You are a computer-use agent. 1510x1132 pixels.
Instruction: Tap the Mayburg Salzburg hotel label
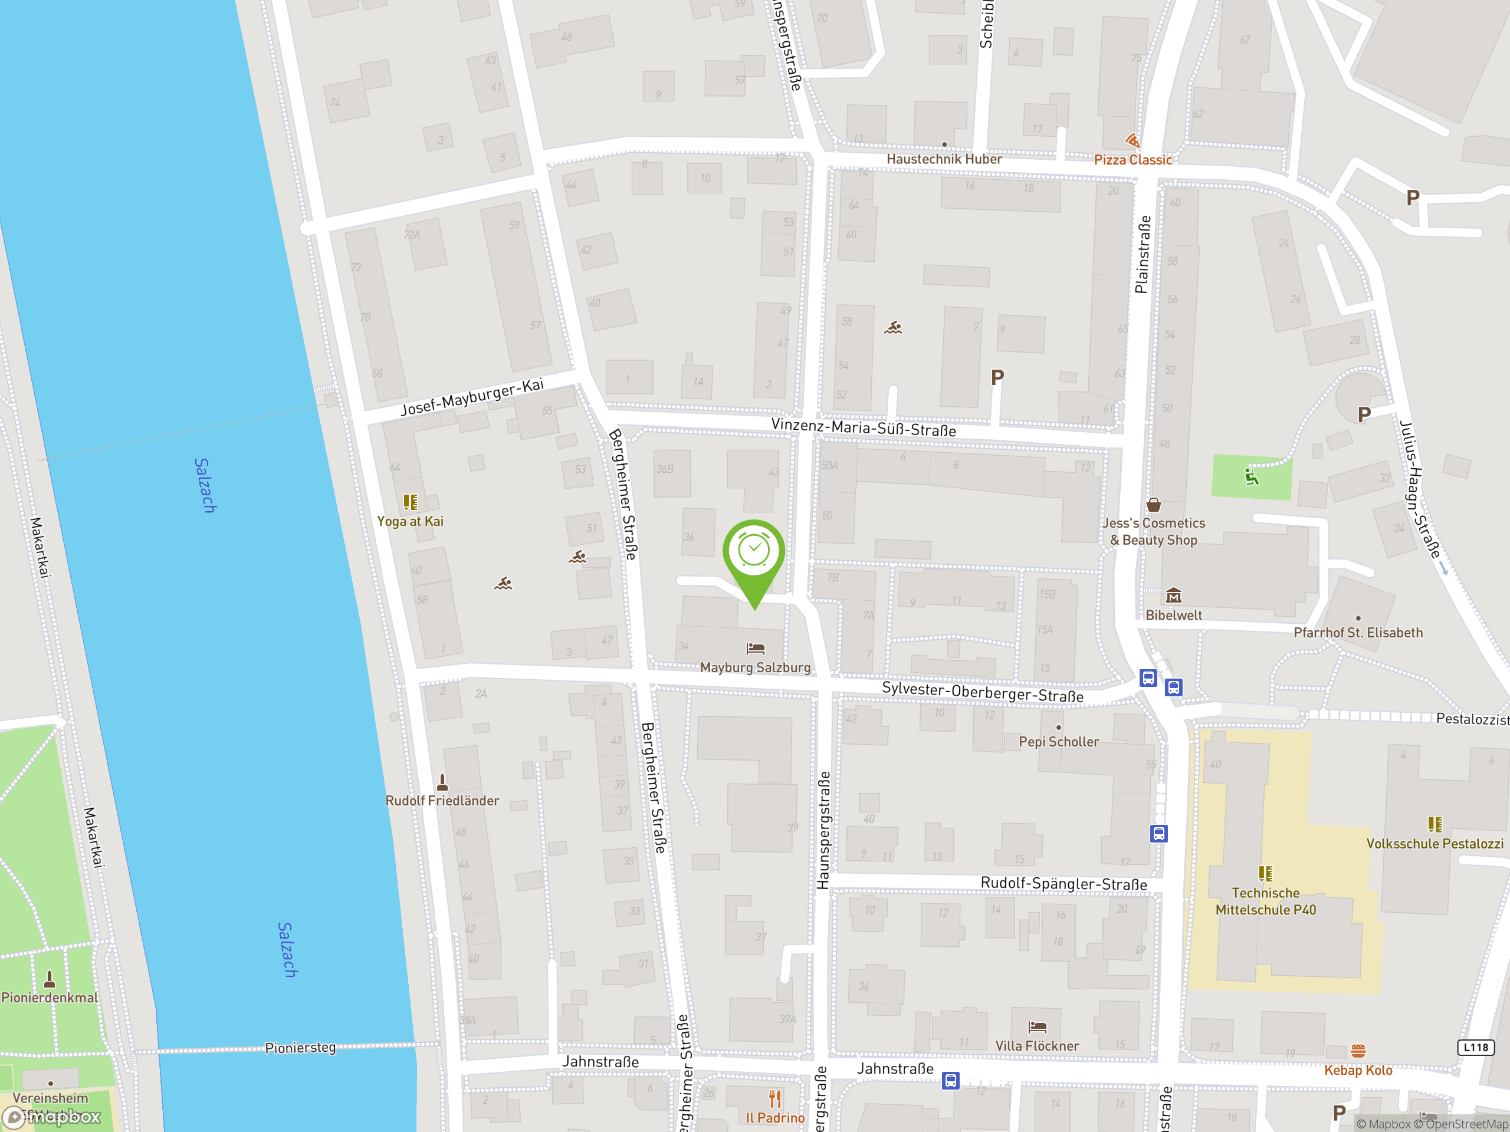click(x=755, y=667)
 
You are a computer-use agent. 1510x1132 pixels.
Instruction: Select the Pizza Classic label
click(x=1132, y=160)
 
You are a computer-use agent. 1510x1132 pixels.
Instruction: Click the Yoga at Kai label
click(x=411, y=521)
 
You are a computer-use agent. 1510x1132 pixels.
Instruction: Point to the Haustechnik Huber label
click(x=944, y=159)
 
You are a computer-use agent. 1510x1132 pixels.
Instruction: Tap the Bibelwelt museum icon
click(x=1173, y=595)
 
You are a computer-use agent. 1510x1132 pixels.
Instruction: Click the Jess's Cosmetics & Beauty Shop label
click(x=1153, y=532)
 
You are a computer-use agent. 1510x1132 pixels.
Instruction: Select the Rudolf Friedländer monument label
click(x=442, y=801)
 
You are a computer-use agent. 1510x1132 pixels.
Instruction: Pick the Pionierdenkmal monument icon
click(x=49, y=980)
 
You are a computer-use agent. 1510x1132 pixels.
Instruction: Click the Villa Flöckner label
click(x=1037, y=1046)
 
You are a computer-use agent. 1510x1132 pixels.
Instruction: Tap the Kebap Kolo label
click(x=1358, y=1070)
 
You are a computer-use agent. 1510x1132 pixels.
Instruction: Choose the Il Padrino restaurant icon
click(x=775, y=1098)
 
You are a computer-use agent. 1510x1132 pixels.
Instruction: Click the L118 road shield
click(x=1476, y=1047)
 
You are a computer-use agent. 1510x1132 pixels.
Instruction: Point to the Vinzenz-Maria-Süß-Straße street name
click(x=864, y=428)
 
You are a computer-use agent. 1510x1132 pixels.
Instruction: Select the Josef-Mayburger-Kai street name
click(x=472, y=397)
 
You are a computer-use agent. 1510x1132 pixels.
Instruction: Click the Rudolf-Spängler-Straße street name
click(x=1063, y=884)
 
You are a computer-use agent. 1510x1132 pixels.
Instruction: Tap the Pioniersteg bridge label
click(x=300, y=1047)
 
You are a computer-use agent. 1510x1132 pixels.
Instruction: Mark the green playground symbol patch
click(x=1251, y=477)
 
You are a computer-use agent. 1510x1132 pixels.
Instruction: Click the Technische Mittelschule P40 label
click(x=1266, y=901)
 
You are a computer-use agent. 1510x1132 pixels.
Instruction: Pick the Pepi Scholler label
click(x=1059, y=742)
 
